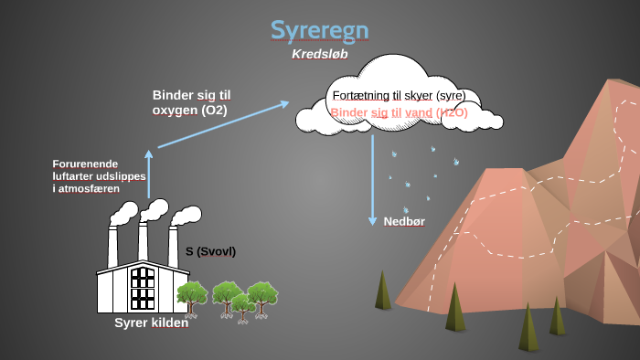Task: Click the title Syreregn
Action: [x=320, y=30]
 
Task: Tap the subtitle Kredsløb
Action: [x=320, y=55]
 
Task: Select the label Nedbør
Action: [x=404, y=221]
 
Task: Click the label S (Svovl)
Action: [x=210, y=251]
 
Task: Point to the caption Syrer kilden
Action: [x=151, y=323]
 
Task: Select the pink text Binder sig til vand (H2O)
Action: [x=399, y=112]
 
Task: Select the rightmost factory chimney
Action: [x=173, y=244]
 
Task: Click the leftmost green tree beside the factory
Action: [x=191, y=298]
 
